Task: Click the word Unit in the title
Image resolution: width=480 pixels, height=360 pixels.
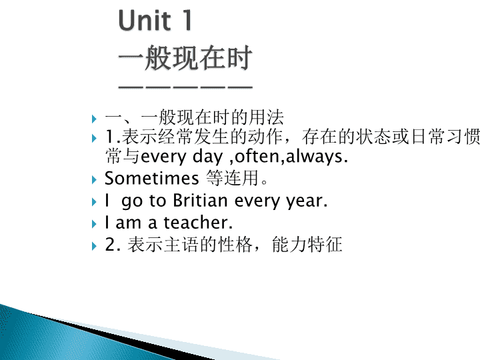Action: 145,20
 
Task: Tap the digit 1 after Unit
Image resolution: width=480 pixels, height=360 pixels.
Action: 187,20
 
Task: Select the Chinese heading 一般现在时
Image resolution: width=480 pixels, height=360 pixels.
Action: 185,57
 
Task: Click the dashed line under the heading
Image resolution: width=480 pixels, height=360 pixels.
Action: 185,87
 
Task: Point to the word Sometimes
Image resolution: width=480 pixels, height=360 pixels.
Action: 151,178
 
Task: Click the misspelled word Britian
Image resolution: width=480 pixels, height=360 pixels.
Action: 200,201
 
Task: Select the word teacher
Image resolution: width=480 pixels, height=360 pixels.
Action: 199,223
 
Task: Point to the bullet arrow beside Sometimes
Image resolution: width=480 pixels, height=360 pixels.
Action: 94,180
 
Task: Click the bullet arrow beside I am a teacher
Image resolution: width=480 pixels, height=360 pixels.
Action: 94,224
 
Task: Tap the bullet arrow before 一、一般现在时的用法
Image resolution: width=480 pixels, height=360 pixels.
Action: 94,119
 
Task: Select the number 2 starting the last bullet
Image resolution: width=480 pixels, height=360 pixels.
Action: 110,245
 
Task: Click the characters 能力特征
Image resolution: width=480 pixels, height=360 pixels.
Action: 307,245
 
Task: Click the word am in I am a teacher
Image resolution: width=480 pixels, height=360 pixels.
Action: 128,223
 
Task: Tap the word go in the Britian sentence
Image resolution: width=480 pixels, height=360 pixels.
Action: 132,202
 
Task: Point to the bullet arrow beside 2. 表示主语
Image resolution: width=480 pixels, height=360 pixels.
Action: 94,246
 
